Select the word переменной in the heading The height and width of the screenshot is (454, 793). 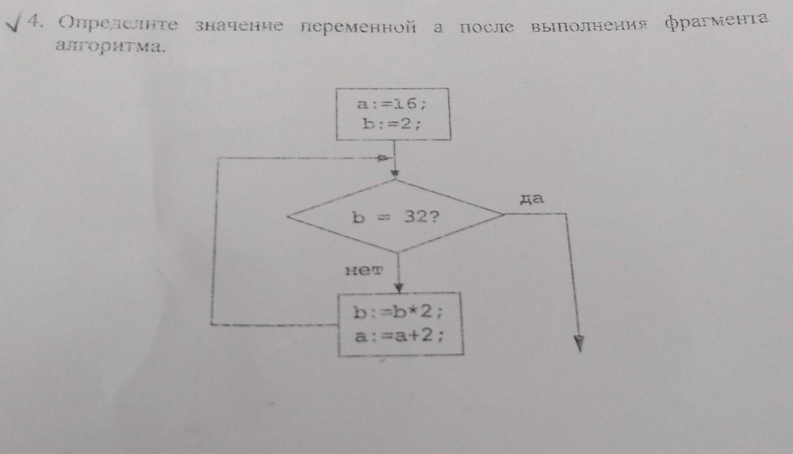(x=357, y=27)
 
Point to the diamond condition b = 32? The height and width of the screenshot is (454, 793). (x=395, y=217)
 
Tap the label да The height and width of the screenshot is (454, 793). (x=532, y=199)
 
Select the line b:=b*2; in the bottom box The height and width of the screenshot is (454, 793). (x=398, y=314)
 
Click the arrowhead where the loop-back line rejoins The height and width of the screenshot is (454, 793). (x=384, y=157)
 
